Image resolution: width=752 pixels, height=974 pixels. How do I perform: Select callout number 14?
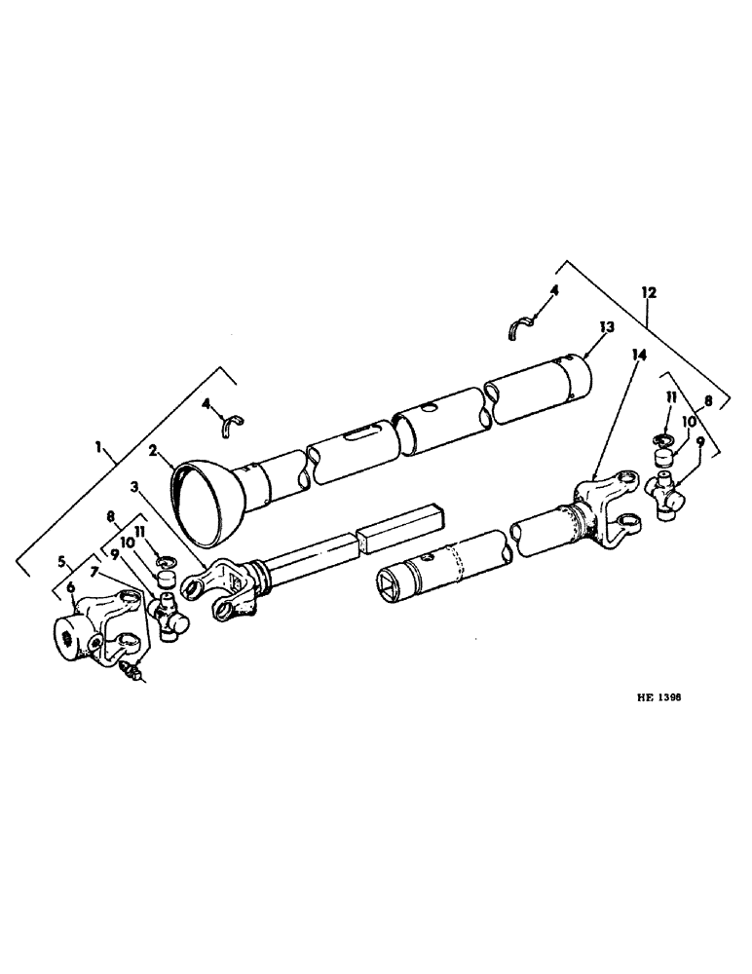(638, 356)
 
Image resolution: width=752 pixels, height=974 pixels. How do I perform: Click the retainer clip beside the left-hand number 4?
(234, 421)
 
